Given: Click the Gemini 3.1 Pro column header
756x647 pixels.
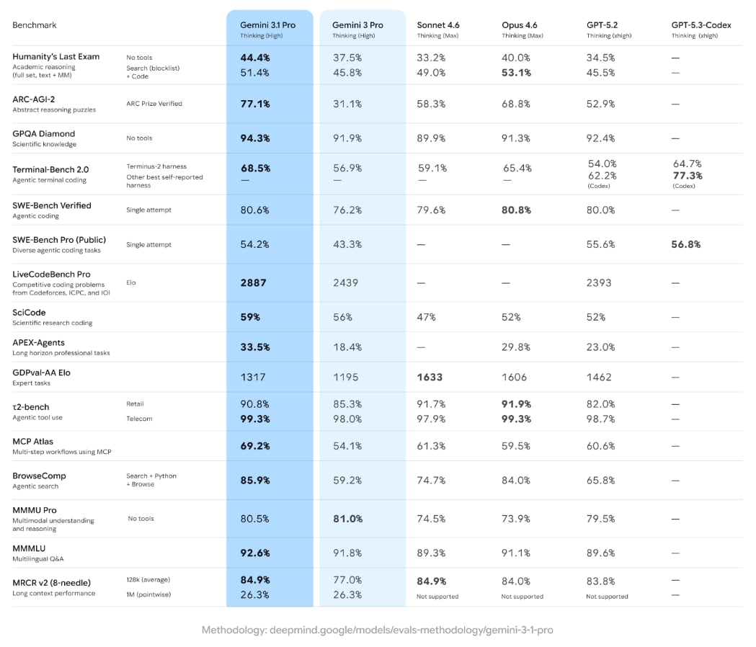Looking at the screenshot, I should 267,25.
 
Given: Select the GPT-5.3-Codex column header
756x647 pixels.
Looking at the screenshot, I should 701,25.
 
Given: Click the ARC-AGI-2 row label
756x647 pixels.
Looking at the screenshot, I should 33,99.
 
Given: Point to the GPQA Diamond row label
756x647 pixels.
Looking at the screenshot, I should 43,133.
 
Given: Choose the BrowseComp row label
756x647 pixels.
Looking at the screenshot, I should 39,476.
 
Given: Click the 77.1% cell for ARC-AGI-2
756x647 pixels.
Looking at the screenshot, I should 255,104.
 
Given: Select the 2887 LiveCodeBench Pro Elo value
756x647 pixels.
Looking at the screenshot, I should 253,282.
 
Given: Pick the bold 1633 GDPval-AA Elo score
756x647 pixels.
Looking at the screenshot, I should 430,377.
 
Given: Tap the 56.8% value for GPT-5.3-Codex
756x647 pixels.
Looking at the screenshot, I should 686,244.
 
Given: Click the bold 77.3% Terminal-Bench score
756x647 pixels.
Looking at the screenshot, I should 688,175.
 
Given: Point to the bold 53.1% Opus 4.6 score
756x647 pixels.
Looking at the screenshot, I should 517,72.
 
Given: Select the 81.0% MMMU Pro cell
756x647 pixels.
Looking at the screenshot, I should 347,518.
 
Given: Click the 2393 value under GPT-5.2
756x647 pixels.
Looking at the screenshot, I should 600,282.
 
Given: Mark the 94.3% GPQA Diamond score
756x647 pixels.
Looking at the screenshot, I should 255,138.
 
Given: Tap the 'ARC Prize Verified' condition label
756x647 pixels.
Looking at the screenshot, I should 154,104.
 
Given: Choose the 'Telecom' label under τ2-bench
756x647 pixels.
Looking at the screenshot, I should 139,419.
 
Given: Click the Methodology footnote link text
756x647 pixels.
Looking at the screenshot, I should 377,630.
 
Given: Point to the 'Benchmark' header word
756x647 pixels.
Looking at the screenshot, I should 35,25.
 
